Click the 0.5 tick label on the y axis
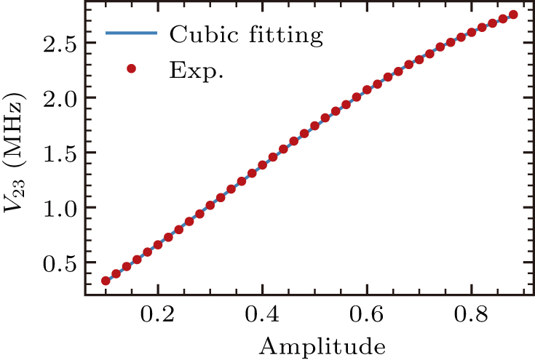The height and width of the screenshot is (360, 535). (60, 263)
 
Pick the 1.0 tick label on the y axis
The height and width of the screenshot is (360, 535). (60, 207)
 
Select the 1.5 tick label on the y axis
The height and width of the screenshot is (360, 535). (60, 153)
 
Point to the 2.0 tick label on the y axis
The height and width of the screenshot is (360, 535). (60, 97)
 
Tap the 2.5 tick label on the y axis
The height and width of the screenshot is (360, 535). (60, 43)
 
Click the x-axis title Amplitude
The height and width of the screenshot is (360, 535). (314, 344)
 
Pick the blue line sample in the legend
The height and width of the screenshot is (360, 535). (131, 33)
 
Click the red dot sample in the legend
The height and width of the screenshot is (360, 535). (131, 69)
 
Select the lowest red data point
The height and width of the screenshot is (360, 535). (106, 281)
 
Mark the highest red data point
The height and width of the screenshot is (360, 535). (513, 15)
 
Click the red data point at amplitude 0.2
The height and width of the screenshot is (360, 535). (158, 244)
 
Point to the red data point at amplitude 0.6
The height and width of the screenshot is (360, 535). (367, 90)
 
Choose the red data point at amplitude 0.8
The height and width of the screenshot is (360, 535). (472, 31)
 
